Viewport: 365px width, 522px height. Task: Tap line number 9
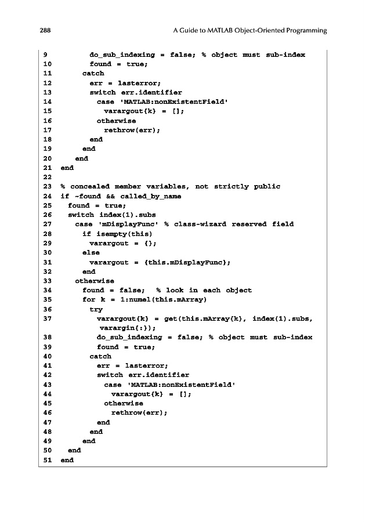point(45,55)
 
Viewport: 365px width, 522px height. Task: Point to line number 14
point(47,102)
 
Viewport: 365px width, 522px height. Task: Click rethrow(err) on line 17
point(132,130)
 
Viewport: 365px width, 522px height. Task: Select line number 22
point(47,177)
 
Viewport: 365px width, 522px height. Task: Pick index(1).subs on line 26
point(121,215)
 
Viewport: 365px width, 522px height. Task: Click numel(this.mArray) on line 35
point(157,299)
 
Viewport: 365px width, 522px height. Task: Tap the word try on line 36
point(96,309)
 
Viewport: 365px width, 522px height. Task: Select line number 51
point(47,460)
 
